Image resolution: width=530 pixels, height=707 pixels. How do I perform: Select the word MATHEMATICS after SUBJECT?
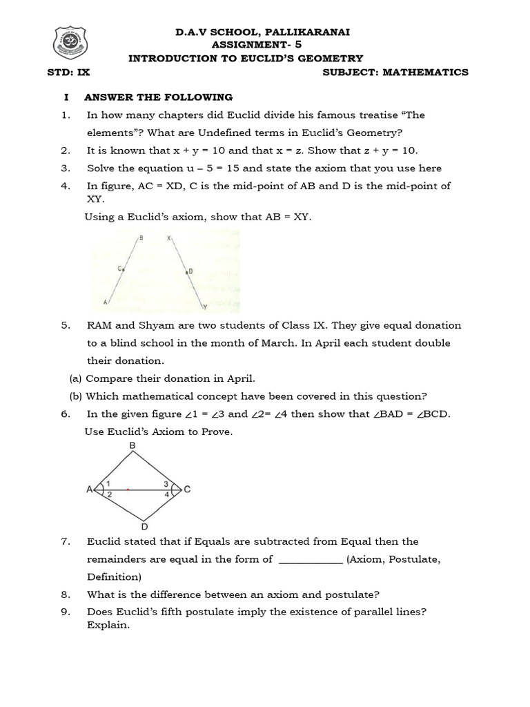[x=427, y=72]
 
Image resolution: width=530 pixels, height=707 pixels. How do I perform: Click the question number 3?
[x=66, y=168]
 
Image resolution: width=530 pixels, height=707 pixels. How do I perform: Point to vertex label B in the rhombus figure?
[x=132, y=446]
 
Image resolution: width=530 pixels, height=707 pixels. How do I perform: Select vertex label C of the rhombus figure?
[x=187, y=490]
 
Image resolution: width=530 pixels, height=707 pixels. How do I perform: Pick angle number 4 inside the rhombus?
[x=166, y=495]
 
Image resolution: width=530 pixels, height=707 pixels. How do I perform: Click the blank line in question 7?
[x=310, y=560]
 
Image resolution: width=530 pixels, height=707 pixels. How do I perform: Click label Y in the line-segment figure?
[x=204, y=307]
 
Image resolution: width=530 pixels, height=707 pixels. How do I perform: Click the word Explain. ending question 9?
[x=108, y=625]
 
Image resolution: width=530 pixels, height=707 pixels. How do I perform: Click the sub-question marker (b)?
[x=76, y=396]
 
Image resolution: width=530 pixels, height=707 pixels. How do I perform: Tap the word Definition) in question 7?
[x=114, y=577]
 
